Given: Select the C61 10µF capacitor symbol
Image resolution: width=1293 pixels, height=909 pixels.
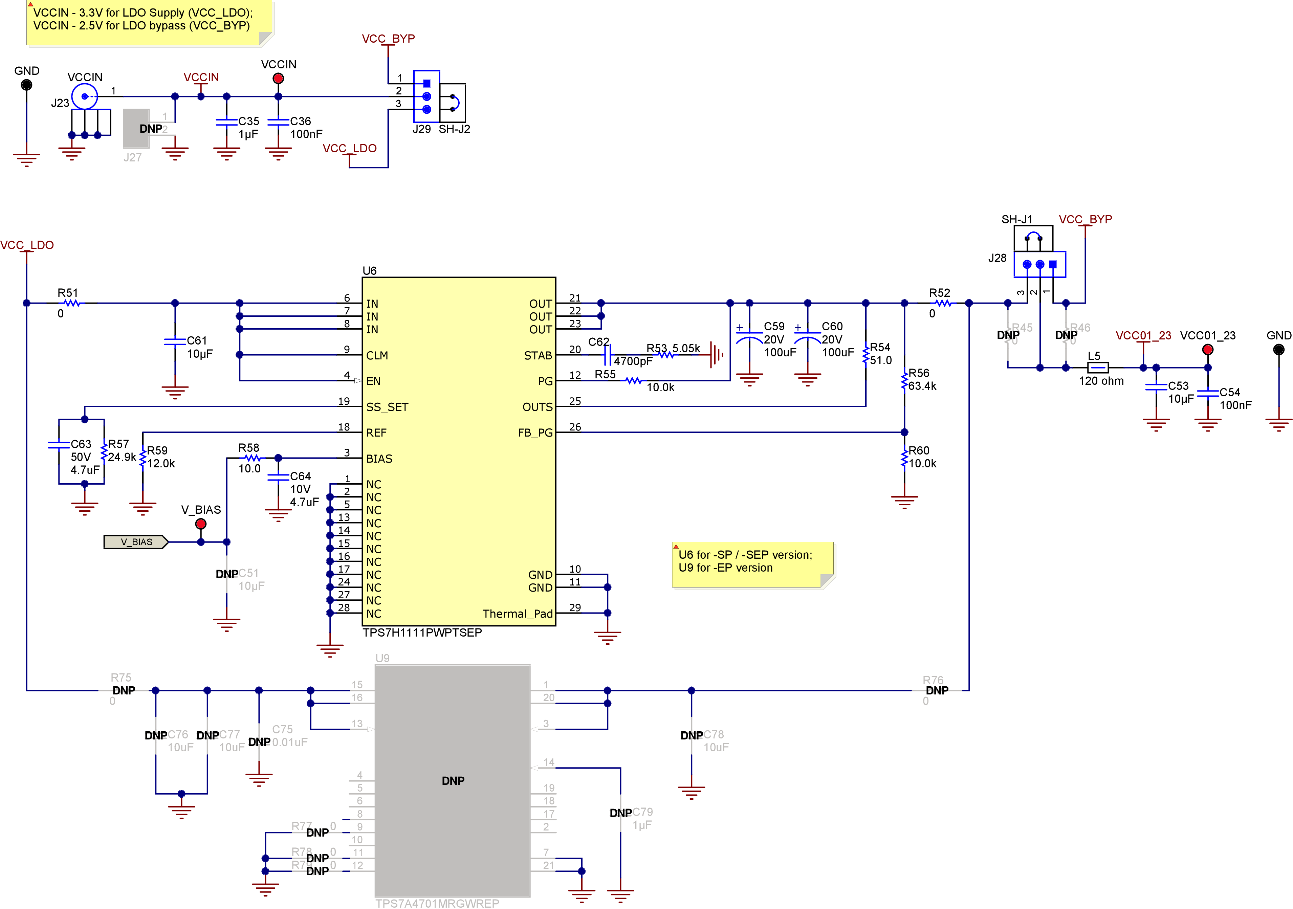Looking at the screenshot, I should [x=175, y=341].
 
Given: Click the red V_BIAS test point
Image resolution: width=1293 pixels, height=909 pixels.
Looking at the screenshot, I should [x=200, y=524].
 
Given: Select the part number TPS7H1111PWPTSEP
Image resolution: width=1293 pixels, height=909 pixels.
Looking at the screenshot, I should [x=422, y=633].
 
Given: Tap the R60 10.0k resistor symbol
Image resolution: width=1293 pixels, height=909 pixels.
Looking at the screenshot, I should [x=904, y=457].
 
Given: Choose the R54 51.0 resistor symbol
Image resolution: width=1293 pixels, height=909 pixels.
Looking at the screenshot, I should [x=865, y=354].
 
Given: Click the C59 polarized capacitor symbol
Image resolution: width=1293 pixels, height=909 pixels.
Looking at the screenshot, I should [x=749, y=338].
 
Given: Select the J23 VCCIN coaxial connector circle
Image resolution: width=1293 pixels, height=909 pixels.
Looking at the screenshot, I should [x=85, y=96].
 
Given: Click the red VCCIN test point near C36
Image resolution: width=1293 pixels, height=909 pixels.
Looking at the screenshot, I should [x=278, y=78].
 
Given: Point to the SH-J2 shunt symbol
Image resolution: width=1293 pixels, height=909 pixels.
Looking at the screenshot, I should [x=453, y=103].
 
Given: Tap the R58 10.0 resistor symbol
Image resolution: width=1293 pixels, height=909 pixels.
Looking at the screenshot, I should [x=253, y=458].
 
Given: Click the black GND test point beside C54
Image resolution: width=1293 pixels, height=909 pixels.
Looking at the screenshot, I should [x=1278, y=350].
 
